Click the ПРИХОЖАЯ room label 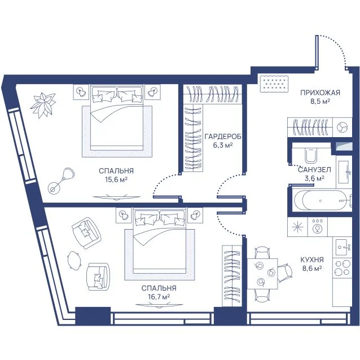320,93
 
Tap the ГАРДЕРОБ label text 223,137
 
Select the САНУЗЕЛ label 314,170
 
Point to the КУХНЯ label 312,260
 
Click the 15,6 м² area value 116,179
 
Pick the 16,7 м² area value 159,297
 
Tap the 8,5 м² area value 321,101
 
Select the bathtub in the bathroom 321,200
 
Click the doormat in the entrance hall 274,84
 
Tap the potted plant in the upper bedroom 43,105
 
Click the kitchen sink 344,247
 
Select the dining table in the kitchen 262,274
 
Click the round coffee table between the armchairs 74,259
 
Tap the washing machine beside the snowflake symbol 318,227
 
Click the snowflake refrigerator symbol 297,227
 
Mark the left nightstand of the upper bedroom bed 81,92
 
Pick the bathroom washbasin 344,172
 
